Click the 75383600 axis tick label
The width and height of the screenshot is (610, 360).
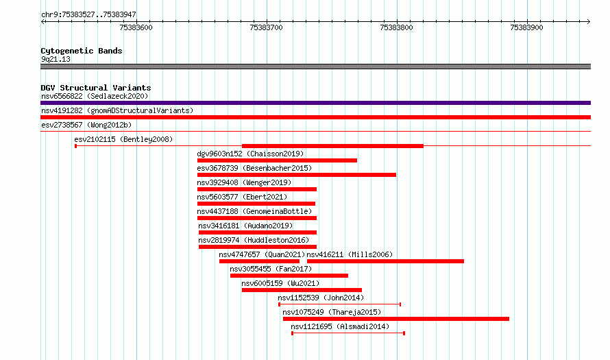136,27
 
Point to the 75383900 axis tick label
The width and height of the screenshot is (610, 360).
526,27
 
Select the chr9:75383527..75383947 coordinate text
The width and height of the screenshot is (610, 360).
88,15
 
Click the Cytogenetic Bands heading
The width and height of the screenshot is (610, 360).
82,51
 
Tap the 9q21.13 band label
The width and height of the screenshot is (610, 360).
56,59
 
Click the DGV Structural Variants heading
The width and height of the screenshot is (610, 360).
96,88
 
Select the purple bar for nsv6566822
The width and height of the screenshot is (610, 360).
315,103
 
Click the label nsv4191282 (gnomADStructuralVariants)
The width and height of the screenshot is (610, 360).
117,110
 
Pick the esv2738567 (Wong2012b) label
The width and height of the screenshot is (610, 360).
86,125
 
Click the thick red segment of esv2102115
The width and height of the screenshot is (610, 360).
332,146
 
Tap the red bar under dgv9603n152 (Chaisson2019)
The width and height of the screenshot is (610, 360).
277,160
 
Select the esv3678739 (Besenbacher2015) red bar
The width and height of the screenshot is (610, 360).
297,175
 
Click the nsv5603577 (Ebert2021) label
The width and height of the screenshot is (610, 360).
242,197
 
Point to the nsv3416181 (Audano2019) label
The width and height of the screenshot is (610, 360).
245,226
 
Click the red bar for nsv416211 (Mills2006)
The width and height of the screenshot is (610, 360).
385,261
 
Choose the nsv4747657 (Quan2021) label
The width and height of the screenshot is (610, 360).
262,254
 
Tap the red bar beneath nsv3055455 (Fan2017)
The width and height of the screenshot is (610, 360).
289,276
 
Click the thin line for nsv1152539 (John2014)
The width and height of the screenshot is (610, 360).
340,304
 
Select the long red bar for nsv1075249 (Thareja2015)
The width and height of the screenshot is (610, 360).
396,319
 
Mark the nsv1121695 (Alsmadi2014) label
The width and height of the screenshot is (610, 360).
340,326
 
